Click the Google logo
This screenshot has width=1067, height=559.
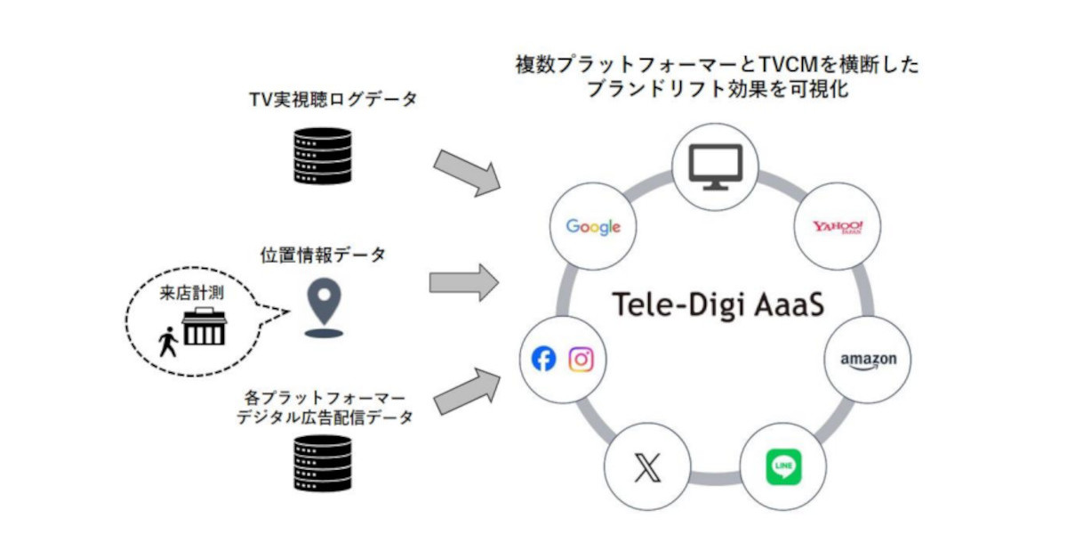click(x=593, y=227)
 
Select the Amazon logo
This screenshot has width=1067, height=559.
click(x=869, y=361)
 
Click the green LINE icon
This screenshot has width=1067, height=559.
click(x=783, y=467)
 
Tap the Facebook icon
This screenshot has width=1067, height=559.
click(x=543, y=360)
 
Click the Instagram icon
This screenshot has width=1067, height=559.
click(x=581, y=360)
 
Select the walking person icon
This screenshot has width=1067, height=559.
click(x=168, y=342)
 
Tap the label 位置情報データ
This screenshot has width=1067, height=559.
click(x=323, y=255)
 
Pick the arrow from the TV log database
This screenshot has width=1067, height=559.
click(x=466, y=171)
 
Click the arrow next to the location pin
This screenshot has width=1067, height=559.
click(x=463, y=283)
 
